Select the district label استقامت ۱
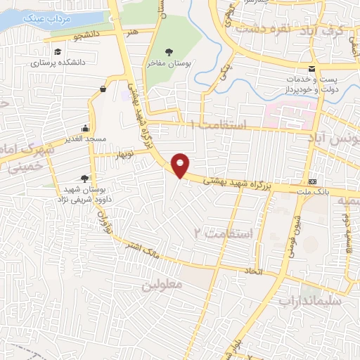[219, 124]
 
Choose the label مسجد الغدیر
[84, 139]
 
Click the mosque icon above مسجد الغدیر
[85, 128]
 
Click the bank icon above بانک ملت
[312, 180]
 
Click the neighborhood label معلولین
[162, 286]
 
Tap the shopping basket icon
[103, 89]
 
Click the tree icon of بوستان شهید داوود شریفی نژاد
[85, 179]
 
